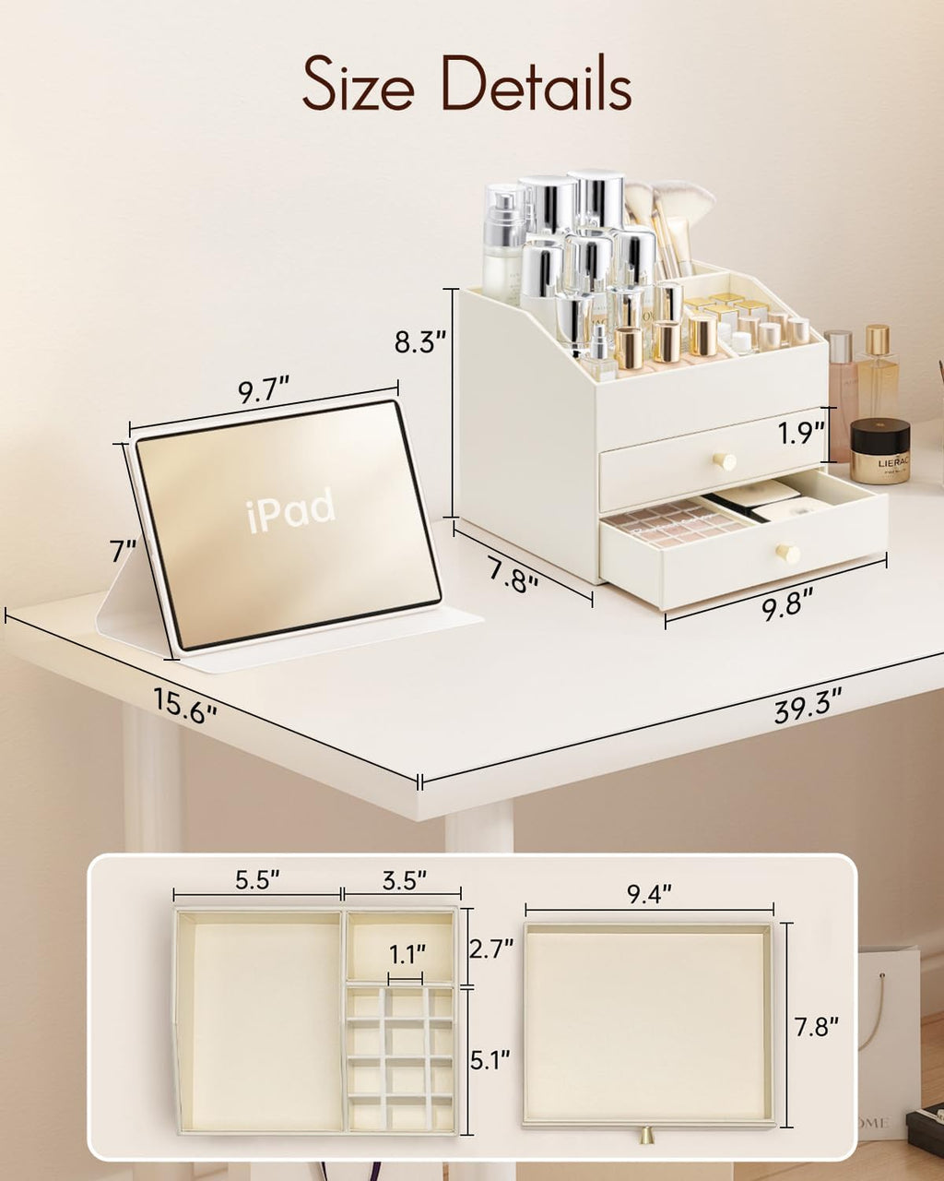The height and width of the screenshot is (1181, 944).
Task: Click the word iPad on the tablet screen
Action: pyautogui.click(x=290, y=509)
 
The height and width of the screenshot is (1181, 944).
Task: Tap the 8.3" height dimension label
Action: pyautogui.click(x=420, y=342)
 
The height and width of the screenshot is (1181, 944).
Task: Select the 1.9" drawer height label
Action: pyautogui.click(x=798, y=434)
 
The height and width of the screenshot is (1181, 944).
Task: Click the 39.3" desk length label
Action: pyautogui.click(x=808, y=708)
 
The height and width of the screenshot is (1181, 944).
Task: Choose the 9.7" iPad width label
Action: pyautogui.click(x=264, y=390)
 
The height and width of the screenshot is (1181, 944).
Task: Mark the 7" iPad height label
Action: pyautogui.click(x=123, y=552)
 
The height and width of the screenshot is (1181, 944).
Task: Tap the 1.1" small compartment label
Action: pyautogui.click(x=407, y=952)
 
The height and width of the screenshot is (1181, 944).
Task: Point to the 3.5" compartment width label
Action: pyautogui.click(x=404, y=880)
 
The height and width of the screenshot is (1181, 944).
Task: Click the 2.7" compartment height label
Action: pyautogui.click(x=491, y=948)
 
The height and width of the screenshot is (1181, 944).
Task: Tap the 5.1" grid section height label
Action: pyautogui.click(x=491, y=1060)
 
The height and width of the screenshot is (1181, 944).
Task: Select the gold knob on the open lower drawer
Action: pyautogui.click(x=787, y=553)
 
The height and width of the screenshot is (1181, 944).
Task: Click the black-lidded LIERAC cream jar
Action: pyautogui.click(x=879, y=450)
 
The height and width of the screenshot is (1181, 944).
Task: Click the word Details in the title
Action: pyautogui.click(x=536, y=85)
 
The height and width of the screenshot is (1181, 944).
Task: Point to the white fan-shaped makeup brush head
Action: pyautogui.click(x=686, y=197)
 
